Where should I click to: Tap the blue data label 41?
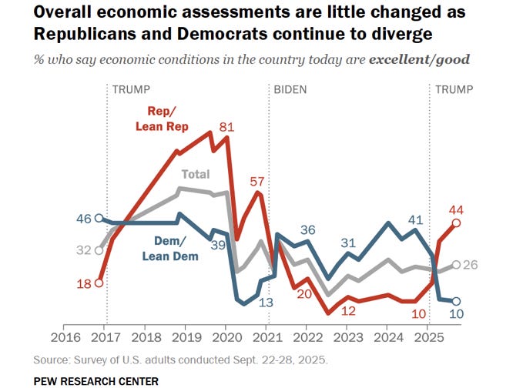coord(416,220)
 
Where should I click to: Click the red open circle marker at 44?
coord(457,223)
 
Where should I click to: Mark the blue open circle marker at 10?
coord(457,302)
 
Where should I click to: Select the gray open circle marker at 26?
coord(457,265)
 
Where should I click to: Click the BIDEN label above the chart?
coord(290,89)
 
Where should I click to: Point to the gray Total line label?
coord(195,175)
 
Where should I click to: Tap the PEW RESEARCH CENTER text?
coord(96,380)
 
